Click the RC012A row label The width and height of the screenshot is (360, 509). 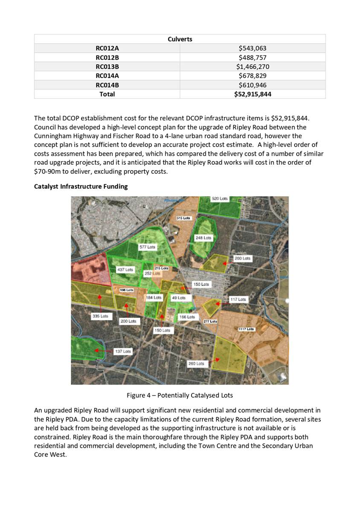tap(107, 49)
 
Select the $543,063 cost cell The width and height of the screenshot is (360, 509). tap(253, 49)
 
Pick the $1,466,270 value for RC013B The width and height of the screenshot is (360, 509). tap(253, 67)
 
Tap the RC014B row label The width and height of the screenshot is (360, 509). tap(107, 85)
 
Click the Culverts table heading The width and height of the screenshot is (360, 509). tap(180, 39)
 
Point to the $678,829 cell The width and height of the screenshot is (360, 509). tap(253, 76)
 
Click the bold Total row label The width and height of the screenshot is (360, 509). tap(107, 94)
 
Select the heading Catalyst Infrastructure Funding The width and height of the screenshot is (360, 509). tap(81, 186)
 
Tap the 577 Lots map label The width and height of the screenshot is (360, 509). tap(148, 247)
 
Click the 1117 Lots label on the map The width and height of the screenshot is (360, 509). tap(246, 329)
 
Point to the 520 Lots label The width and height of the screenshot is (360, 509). tap(220, 199)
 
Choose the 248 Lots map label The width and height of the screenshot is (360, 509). tap(203, 238)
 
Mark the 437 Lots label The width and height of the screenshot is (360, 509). tap(125, 270)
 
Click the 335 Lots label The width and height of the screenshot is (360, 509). tap(100, 317)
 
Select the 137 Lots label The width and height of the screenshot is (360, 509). tap(124, 351)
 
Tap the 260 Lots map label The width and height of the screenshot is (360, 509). tap(197, 364)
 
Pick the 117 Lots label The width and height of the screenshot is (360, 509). tap(238, 300)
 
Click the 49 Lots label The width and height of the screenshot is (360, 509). tap(179, 297)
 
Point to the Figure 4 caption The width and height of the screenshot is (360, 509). tap(180, 395)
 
